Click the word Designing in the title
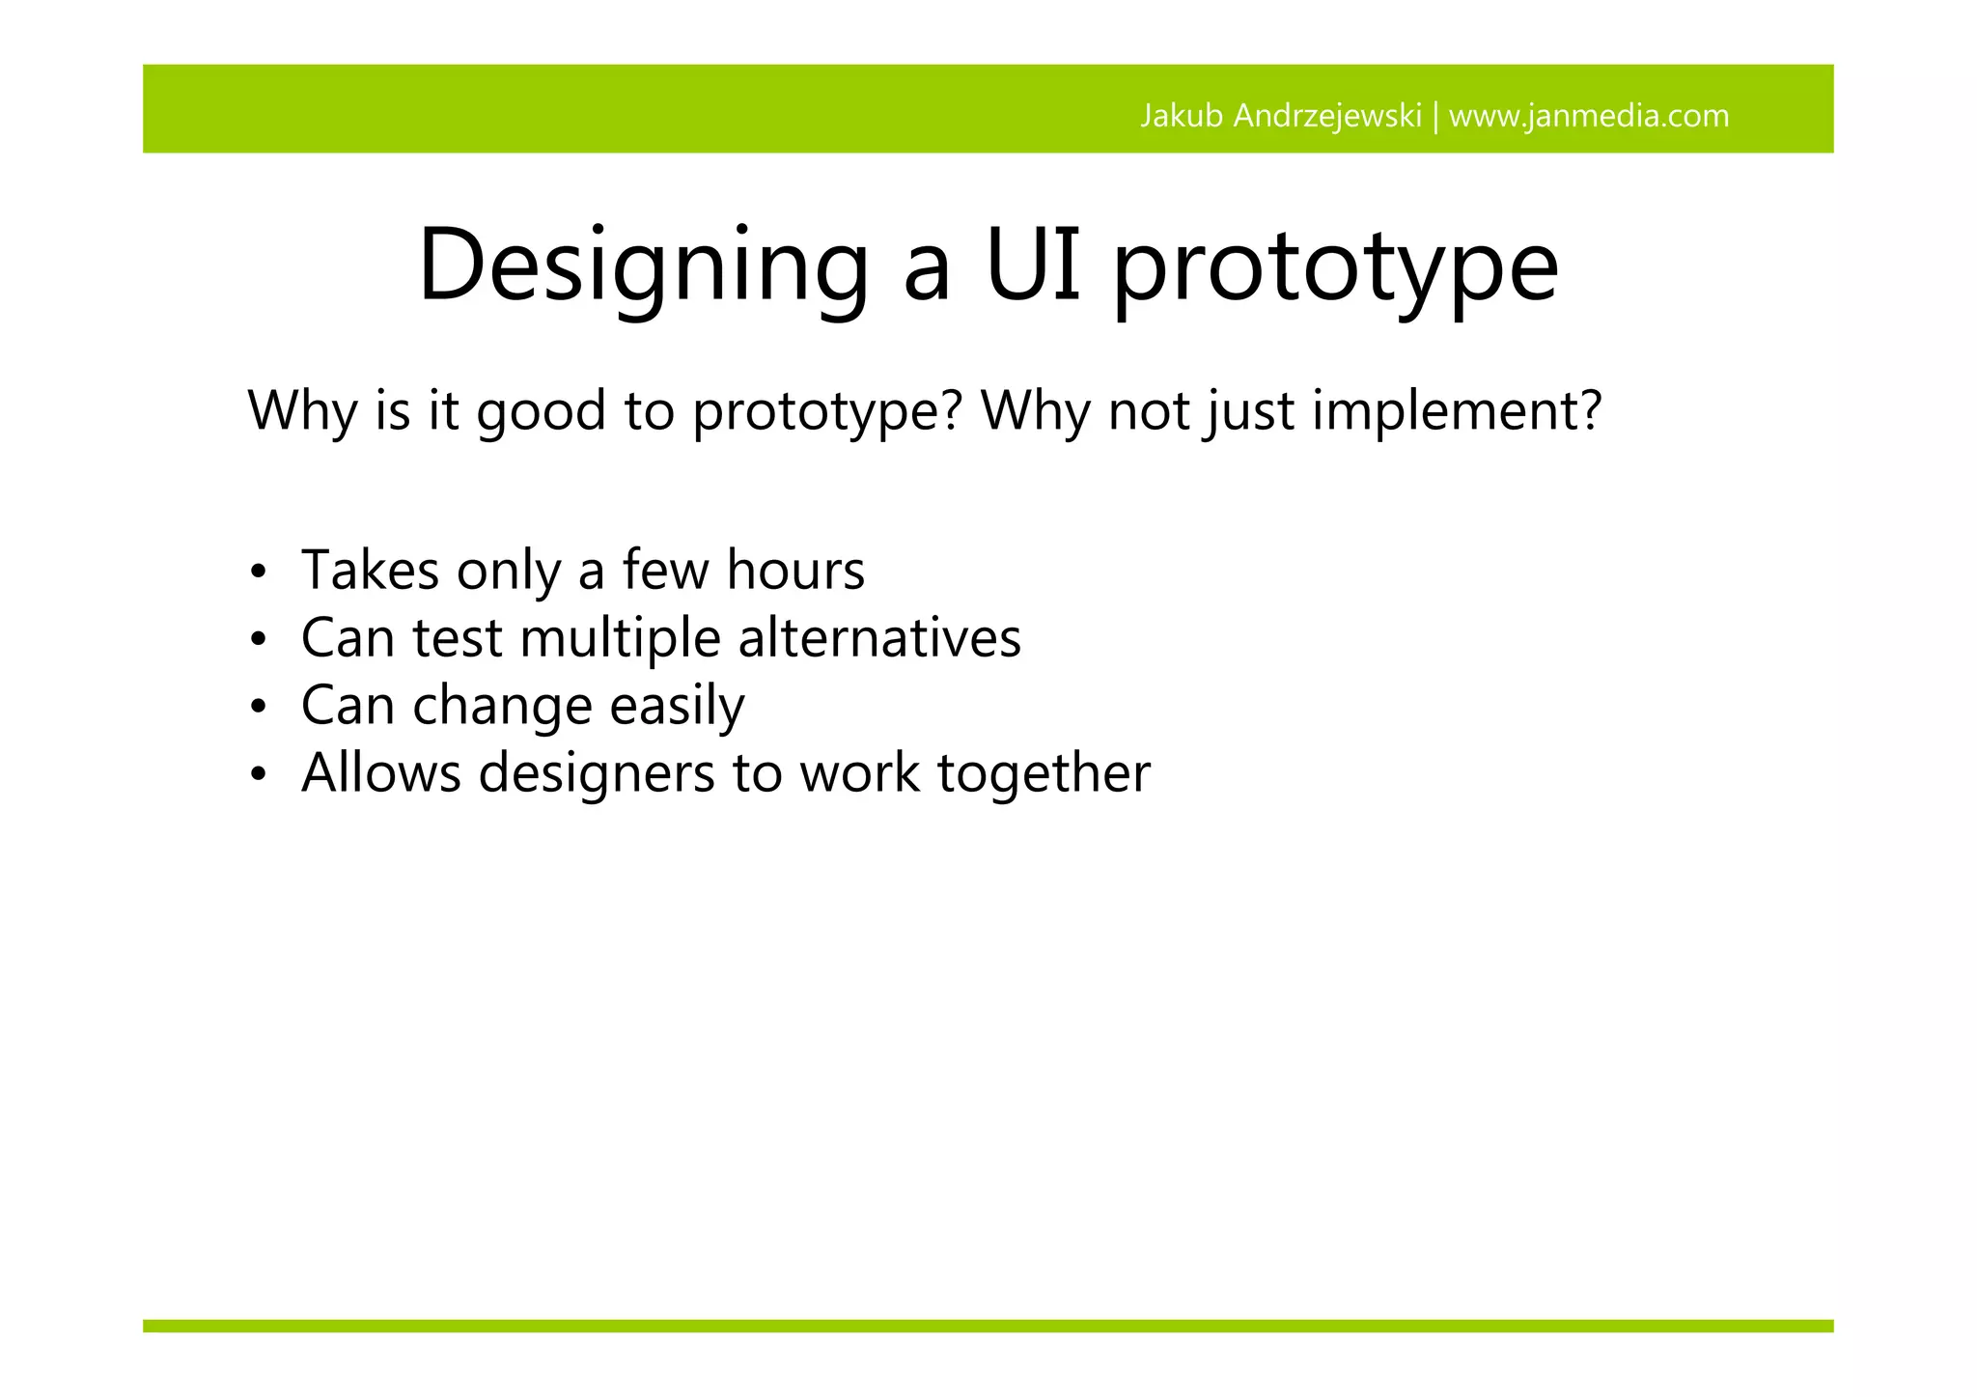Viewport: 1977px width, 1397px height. [642, 265]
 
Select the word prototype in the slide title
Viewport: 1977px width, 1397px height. [1335, 268]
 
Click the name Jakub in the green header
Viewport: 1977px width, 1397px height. [1182, 116]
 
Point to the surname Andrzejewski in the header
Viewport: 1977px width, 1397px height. [1327, 116]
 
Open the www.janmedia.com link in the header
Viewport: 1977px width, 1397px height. [1589, 116]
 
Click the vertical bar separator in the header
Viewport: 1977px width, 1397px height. [1435, 117]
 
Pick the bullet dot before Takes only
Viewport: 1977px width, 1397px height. [257, 573]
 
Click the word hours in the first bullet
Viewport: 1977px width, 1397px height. [795, 570]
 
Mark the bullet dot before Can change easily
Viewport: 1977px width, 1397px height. [257, 708]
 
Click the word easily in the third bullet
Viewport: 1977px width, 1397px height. [677, 707]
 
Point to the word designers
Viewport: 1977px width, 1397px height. [596, 774]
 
